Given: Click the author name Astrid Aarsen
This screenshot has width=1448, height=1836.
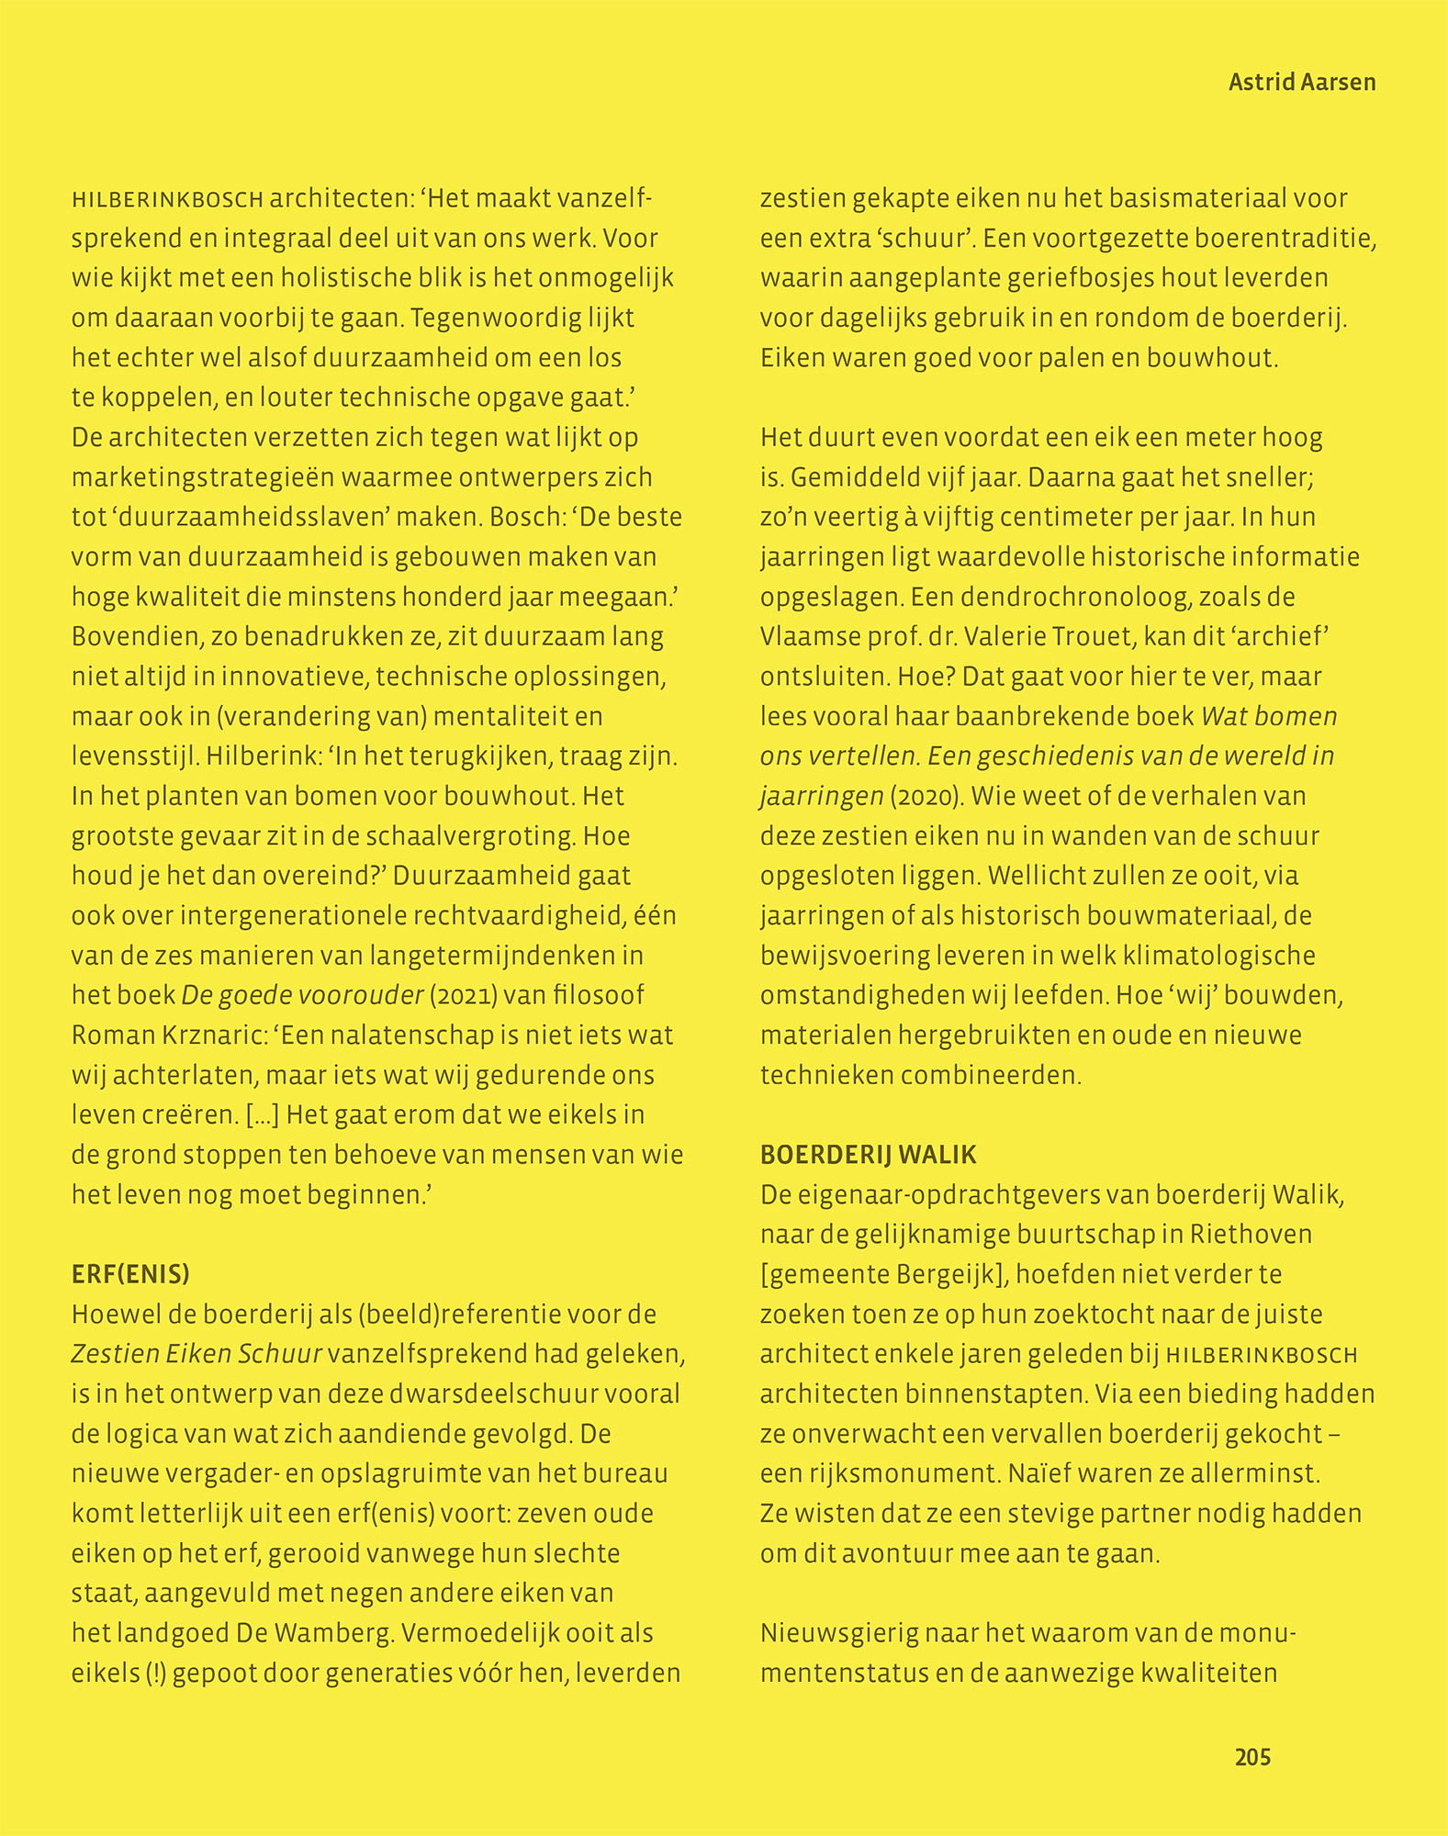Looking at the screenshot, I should click(1301, 83).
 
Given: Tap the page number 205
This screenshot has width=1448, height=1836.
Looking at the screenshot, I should click(1252, 1757).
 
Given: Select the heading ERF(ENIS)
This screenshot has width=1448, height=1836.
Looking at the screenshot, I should click(130, 1274).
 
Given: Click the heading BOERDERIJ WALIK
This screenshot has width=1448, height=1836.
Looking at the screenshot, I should click(868, 1155).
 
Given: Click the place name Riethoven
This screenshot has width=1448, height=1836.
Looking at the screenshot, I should click(1251, 1235).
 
